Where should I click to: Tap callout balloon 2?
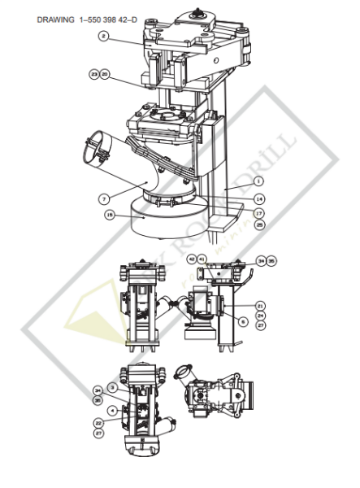click(x=104, y=36)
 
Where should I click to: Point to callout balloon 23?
click(x=94, y=74)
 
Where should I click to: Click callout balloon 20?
click(x=105, y=74)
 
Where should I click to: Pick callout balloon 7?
click(x=104, y=198)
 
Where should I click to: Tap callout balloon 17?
click(x=258, y=213)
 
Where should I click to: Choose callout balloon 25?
click(x=258, y=223)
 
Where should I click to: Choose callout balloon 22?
click(x=98, y=423)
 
